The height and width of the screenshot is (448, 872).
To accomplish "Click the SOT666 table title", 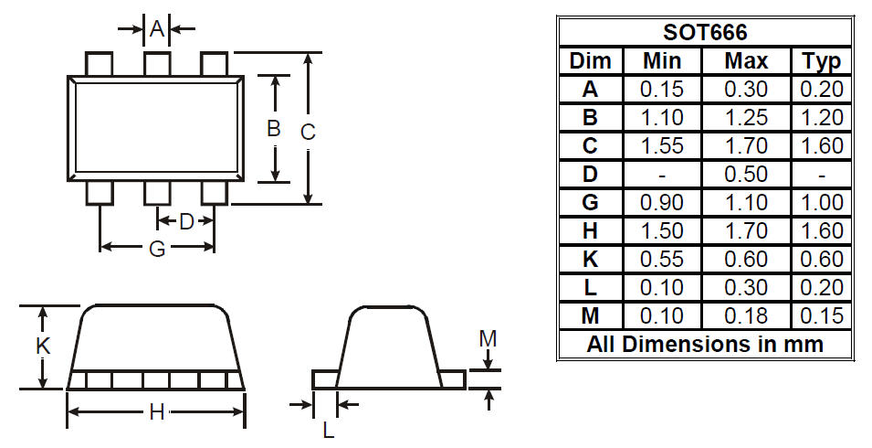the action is coord(705,32).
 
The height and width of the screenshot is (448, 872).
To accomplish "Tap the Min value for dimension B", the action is coord(662,117).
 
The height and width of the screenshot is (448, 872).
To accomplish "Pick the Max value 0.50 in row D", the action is coord(746,175).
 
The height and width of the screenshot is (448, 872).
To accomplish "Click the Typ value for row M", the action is coord(822,315).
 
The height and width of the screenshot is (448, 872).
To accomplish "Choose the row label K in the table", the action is coord(590,259).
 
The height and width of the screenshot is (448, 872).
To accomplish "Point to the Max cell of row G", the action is coord(746,203).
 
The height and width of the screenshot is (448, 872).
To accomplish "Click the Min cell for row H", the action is coord(662,230).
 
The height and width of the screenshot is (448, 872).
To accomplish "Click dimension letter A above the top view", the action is coord(157,27).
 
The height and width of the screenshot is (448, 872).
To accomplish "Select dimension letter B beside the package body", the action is coord(273,129).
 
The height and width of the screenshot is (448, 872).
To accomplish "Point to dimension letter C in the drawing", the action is coord(308,132).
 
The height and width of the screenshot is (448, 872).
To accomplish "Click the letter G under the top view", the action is coord(157,249).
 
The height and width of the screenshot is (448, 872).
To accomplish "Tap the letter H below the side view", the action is coord(157,412).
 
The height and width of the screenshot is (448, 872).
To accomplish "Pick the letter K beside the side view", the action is coord(43,346).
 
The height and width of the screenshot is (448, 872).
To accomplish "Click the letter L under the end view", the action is coord(328,430).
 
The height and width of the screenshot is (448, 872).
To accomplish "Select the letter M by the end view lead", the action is coord(488,338).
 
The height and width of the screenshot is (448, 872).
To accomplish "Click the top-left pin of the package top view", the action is coord(99,64).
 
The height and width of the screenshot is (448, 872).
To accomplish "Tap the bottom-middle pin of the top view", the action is coord(157,193).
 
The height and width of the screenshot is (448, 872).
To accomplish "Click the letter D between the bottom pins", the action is coord(186,221).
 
